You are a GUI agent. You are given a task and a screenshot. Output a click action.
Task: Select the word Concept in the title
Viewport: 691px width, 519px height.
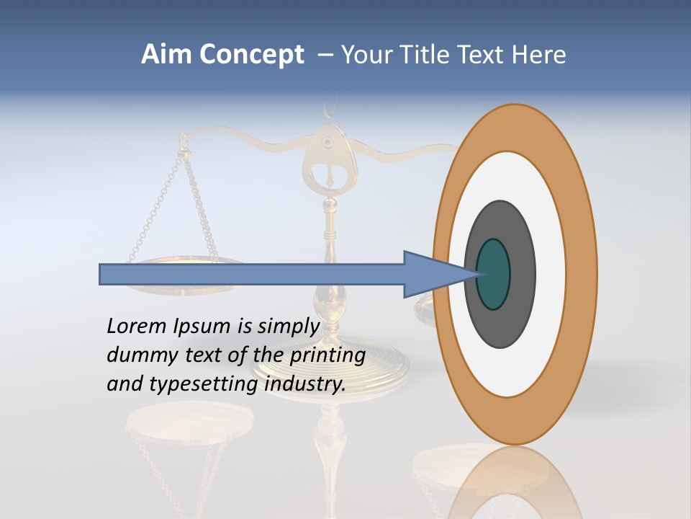tap(252, 55)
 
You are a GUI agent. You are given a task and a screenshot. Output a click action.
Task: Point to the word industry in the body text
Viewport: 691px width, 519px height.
tap(305, 384)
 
